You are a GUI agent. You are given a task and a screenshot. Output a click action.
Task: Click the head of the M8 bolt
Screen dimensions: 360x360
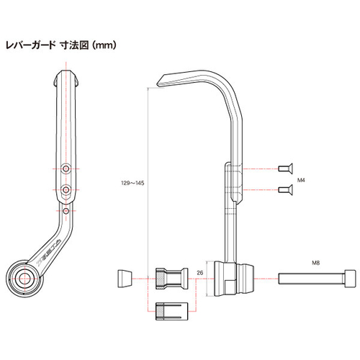[x=350, y=276]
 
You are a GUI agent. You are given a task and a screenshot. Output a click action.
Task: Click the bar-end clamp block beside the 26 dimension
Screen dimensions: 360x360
[x=233, y=278]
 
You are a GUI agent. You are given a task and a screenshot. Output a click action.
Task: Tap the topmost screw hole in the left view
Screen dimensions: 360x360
[x=66, y=168]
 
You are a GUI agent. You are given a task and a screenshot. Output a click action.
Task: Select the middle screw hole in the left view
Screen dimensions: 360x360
[x=66, y=190]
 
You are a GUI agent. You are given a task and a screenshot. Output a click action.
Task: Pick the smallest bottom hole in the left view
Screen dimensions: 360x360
[x=66, y=212]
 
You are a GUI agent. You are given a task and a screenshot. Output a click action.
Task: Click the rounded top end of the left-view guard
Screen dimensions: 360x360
[x=66, y=76]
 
